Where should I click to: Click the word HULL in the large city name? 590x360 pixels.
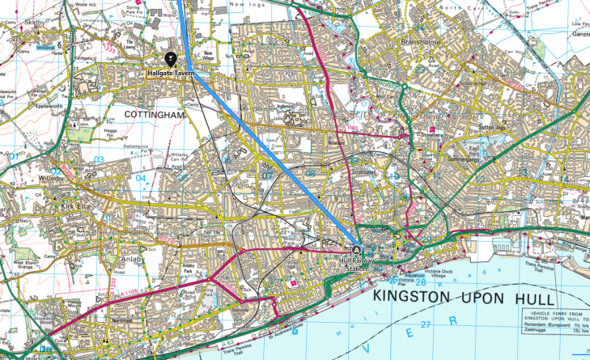click(x=541, y=298)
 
